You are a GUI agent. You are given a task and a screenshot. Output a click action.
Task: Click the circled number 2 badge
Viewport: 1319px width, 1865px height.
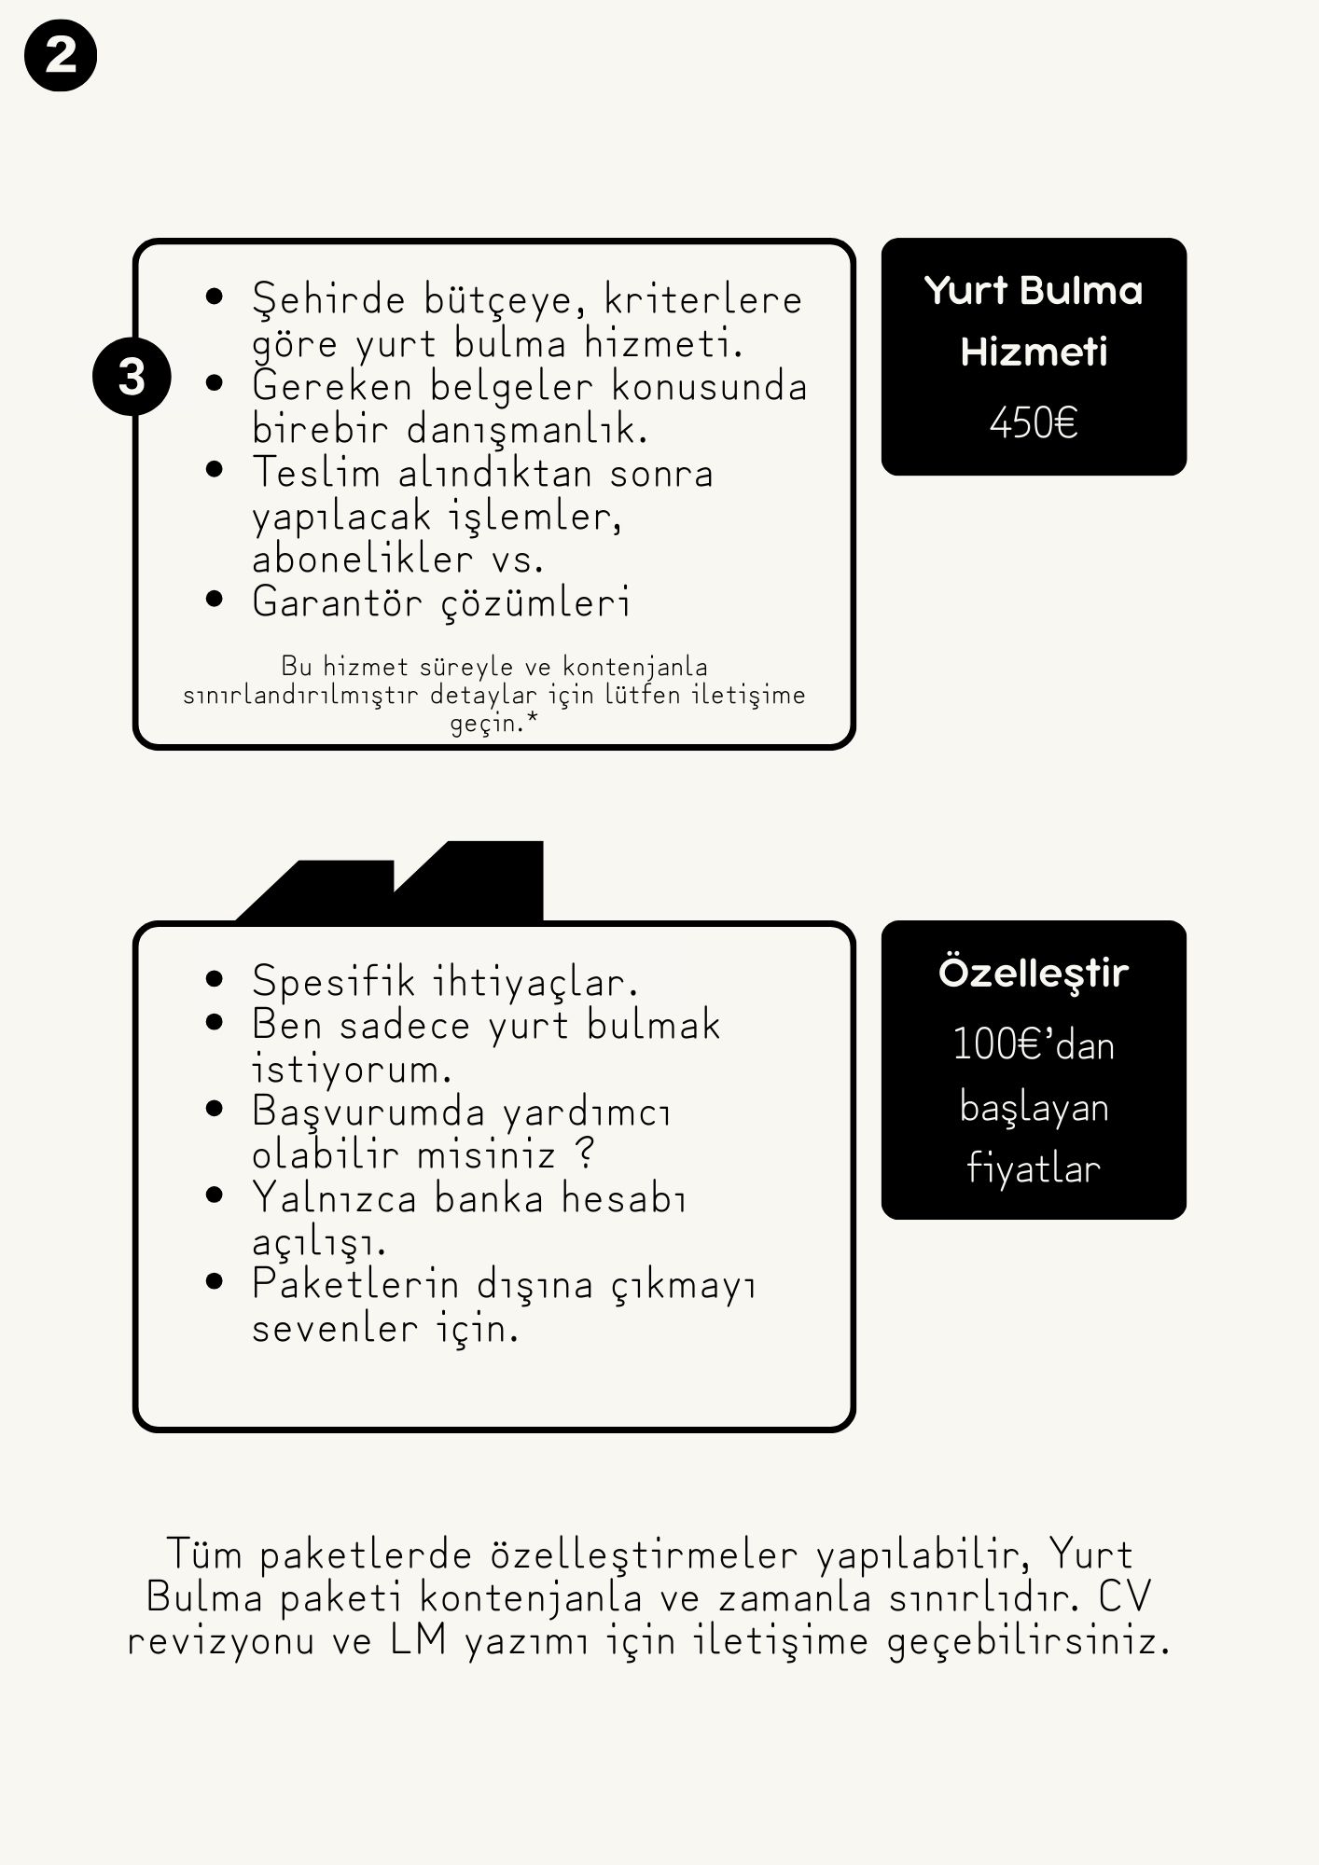(x=61, y=56)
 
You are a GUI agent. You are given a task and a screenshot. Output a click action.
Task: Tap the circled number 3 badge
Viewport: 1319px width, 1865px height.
(x=132, y=378)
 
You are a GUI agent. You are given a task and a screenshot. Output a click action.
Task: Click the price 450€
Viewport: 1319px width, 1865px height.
(x=1034, y=423)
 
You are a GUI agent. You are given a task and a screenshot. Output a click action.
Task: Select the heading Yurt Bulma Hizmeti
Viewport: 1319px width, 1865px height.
(x=1034, y=321)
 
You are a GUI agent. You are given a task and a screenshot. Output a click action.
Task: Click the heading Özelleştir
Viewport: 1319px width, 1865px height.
(x=1034, y=973)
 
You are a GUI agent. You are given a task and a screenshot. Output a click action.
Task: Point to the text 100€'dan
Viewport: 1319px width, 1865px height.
(x=1034, y=1045)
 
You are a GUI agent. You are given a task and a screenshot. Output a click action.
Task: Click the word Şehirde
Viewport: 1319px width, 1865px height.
(x=329, y=300)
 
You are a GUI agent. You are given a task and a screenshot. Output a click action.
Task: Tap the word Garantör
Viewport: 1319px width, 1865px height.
(x=338, y=601)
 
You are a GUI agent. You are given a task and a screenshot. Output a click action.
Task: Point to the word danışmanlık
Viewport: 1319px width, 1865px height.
(x=526, y=430)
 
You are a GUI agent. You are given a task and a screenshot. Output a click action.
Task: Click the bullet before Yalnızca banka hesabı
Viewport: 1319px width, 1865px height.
(x=215, y=1195)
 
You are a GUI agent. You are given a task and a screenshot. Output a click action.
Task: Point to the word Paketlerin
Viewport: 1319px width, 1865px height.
(x=355, y=1285)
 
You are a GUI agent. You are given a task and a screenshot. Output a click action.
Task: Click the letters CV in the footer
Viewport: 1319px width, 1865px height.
(x=1124, y=1596)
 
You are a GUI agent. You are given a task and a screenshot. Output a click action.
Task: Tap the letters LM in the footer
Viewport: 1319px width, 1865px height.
(x=418, y=1640)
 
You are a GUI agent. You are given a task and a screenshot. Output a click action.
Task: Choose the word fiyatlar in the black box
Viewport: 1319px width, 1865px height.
(x=1034, y=1168)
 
